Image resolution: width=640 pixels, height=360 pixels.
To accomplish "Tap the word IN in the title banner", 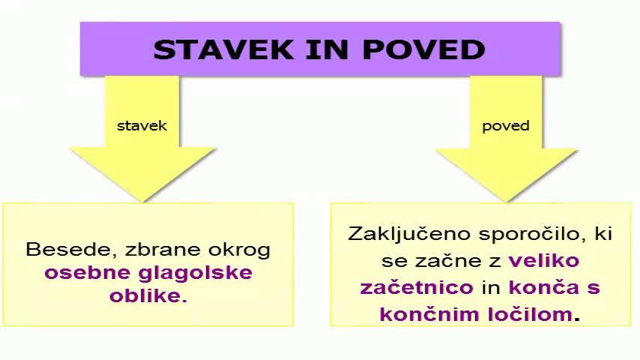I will pyautogui.click(x=318, y=49).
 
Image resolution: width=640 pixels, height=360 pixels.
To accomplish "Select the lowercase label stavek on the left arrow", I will pyautogui.click(x=142, y=125).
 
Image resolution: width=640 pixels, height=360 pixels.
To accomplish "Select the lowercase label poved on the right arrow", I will pyautogui.click(x=505, y=125).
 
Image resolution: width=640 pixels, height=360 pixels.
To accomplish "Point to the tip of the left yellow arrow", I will pyautogui.click(x=142, y=199).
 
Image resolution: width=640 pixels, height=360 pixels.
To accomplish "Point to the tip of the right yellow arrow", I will pyautogui.click(x=507, y=199).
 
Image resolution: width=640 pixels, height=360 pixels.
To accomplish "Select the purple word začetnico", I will pyautogui.click(x=417, y=287).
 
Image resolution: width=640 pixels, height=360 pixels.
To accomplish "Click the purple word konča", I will pyautogui.click(x=534, y=287).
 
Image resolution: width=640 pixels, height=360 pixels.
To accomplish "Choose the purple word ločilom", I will pyautogui.click(x=529, y=313).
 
